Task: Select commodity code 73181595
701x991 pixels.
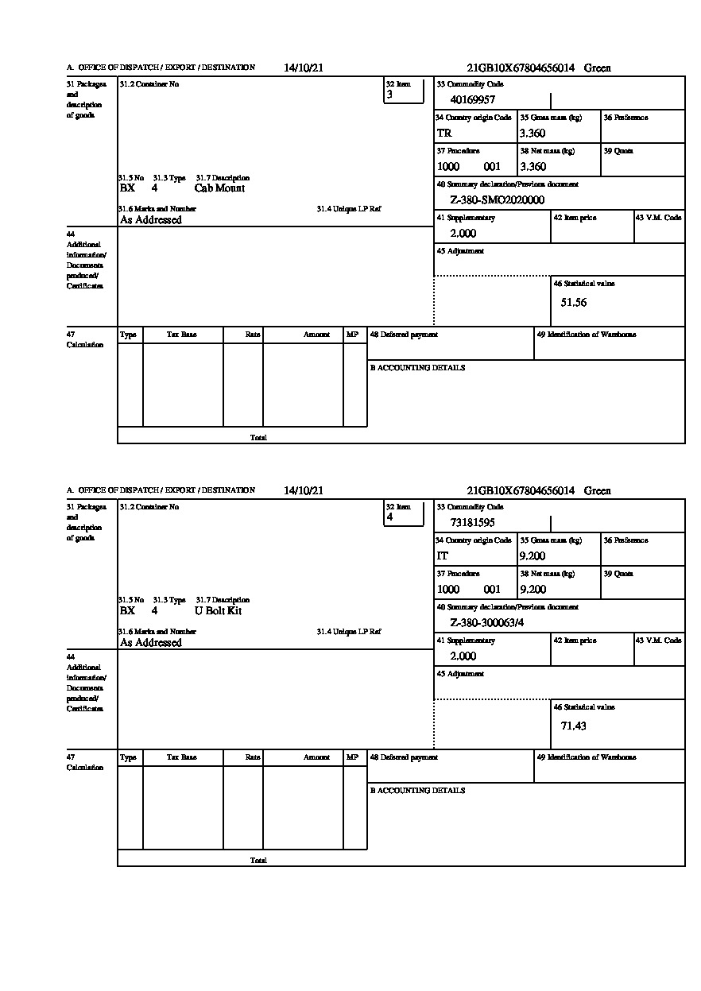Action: (x=472, y=523)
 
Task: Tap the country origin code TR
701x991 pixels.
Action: (x=444, y=134)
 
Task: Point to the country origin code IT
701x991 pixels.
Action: (x=443, y=556)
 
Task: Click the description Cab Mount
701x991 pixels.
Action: (x=219, y=188)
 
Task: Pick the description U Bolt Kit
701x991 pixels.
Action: (x=218, y=611)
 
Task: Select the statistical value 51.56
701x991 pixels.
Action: (x=573, y=303)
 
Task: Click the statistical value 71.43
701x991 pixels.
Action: (x=573, y=726)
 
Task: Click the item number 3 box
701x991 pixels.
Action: (x=404, y=91)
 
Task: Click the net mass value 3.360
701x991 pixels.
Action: (x=533, y=167)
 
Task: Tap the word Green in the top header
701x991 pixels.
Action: (x=597, y=68)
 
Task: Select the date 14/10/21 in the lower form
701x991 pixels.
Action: (x=303, y=491)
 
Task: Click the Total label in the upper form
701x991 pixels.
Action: (x=258, y=438)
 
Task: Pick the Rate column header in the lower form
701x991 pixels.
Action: (x=253, y=757)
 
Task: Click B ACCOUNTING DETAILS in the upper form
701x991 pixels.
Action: (x=417, y=368)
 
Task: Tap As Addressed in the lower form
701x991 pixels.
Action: (x=151, y=643)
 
